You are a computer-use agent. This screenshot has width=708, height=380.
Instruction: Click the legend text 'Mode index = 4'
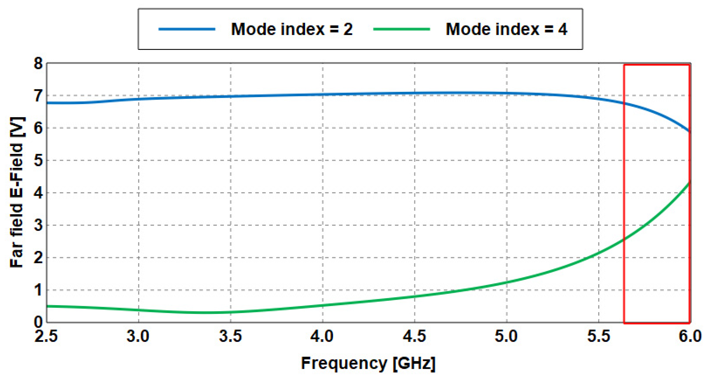click(x=506, y=29)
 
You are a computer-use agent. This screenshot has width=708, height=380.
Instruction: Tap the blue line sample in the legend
click(x=187, y=29)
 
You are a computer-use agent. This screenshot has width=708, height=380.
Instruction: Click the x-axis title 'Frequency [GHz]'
click(x=368, y=364)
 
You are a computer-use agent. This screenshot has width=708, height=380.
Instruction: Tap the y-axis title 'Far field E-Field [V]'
click(x=17, y=193)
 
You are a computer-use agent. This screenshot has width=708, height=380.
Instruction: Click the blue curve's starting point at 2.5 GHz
click(x=48, y=103)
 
